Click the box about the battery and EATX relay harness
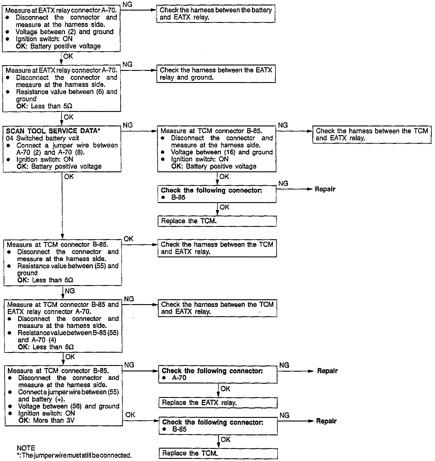[216, 14]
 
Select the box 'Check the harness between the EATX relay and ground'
[216, 74]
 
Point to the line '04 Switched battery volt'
[42, 138]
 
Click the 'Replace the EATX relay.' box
[217, 402]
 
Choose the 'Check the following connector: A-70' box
[217, 374]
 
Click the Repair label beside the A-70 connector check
[327, 371]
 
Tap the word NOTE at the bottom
[26, 448]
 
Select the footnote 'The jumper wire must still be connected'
[76, 455]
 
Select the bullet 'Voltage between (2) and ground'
[65, 32]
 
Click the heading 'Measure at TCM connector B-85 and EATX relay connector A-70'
[63, 308]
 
